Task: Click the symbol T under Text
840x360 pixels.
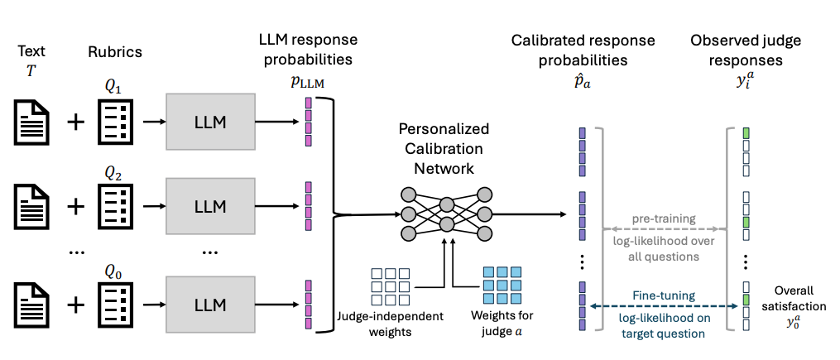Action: (x=31, y=71)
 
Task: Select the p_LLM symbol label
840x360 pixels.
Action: (x=307, y=79)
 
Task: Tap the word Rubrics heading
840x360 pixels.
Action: (x=115, y=51)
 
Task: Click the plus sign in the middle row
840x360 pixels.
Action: (x=75, y=204)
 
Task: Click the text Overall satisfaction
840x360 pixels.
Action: (x=794, y=298)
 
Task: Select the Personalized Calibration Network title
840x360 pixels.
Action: (x=444, y=148)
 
